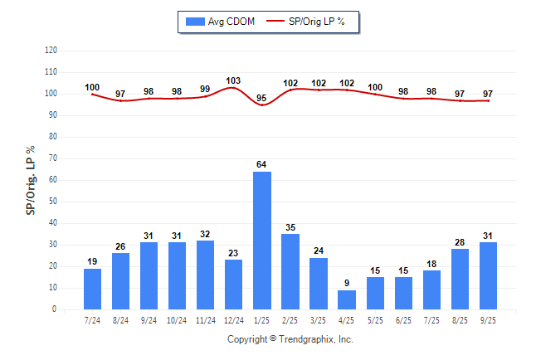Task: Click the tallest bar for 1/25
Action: pyautogui.click(x=262, y=241)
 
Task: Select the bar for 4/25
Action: pyautogui.click(x=347, y=299)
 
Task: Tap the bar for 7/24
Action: pyautogui.click(x=93, y=289)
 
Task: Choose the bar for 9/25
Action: pyautogui.click(x=488, y=275)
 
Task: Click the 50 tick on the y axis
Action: pyautogui.click(x=53, y=202)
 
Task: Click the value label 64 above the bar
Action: pyautogui.click(x=262, y=164)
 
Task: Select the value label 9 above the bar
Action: pyautogui.click(x=347, y=283)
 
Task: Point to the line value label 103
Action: pyautogui.click(x=234, y=80)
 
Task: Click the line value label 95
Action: pyautogui.click(x=262, y=98)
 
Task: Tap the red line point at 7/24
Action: pyautogui.click(x=93, y=94)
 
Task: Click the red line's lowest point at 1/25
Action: pyautogui.click(x=262, y=105)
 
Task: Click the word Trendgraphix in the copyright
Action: pyautogui.click(x=306, y=339)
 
